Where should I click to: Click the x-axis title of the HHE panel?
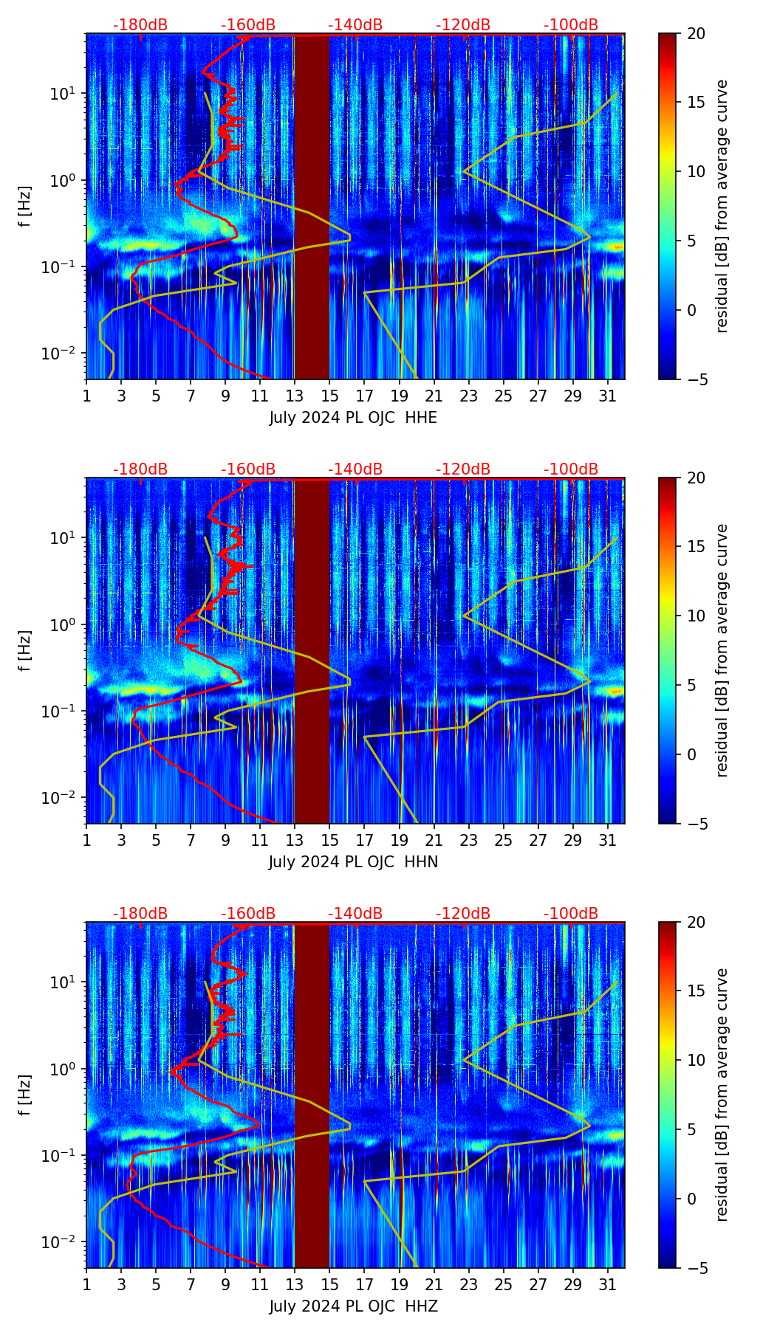tap(353, 418)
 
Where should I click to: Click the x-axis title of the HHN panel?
tap(353, 862)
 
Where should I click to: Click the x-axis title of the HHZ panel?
tap(353, 1306)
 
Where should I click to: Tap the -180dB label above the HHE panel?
tap(140, 25)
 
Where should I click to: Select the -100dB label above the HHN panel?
tap(571, 469)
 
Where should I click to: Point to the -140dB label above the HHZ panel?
tap(355, 914)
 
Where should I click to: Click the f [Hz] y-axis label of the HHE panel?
tap(25, 206)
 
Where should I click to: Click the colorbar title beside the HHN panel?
tap(722, 650)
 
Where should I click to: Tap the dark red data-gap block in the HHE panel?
tap(312, 207)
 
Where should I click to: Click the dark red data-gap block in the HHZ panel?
tap(312, 1095)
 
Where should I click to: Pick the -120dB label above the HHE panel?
tap(463, 25)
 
